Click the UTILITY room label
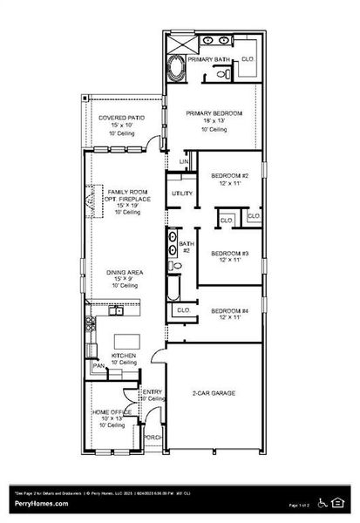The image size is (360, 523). (x=182, y=193)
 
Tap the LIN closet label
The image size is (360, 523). (x=184, y=162)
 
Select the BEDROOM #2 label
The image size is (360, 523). (x=230, y=176)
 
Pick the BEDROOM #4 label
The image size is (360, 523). (x=230, y=311)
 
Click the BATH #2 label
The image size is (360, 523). (x=185, y=248)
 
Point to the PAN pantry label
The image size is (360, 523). (x=98, y=365)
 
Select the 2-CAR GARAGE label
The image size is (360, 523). (x=213, y=393)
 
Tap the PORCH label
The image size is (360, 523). (x=153, y=437)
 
